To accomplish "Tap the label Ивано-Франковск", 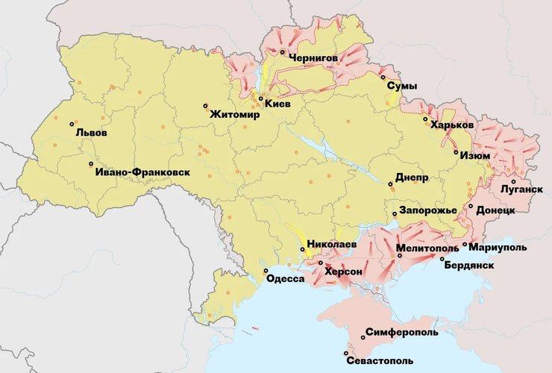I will tap(142, 172).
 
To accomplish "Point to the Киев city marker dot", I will tap(260, 98).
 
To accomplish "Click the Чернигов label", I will tap(313, 57).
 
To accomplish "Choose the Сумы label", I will tap(402, 87).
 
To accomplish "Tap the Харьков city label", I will tap(452, 126).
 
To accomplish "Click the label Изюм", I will tap(475, 156).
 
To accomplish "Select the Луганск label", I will tap(522, 189).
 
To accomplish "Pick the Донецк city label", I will tap(495, 211).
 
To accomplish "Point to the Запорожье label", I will tap(427, 211).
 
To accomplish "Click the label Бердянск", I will tap(468, 265).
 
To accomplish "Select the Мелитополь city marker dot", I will tap(400, 256).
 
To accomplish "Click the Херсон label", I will tap(343, 272).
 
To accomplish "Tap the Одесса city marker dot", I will tap(266, 271).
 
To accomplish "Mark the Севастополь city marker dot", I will tap(346, 354).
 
